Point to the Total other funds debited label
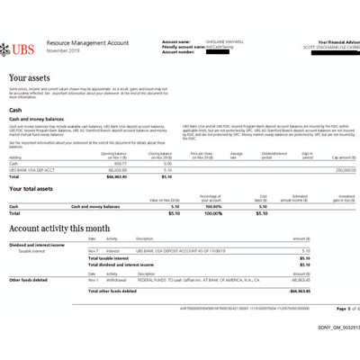[112, 292]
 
